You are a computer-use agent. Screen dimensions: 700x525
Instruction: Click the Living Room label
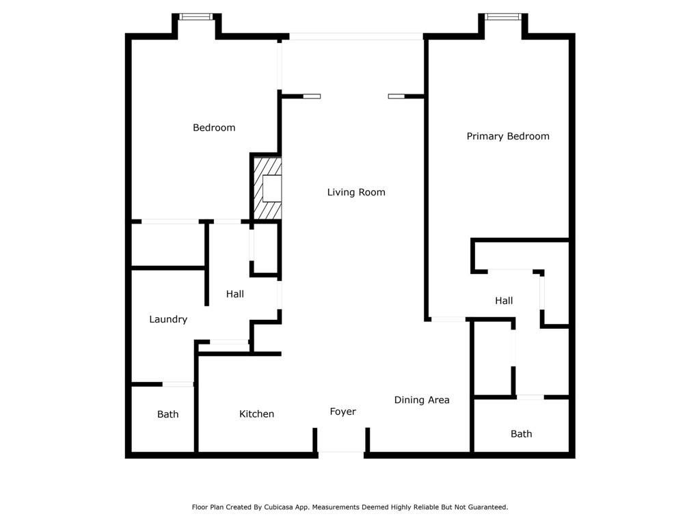[x=355, y=192]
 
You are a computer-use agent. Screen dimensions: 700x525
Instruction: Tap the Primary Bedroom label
[x=508, y=137]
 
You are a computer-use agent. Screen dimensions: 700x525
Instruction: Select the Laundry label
[x=168, y=320]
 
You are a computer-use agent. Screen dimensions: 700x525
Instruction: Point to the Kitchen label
[x=256, y=414]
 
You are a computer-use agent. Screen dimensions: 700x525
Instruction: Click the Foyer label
[x=342, y=412]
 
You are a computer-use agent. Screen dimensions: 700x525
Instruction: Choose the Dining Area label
[x=421, y=400]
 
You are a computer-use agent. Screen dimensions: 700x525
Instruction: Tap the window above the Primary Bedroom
[x=503, y=17]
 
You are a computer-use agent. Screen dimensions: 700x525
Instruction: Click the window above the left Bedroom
[x=196, y=17]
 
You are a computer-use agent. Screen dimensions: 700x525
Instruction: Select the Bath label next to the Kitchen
[x=167, y=414]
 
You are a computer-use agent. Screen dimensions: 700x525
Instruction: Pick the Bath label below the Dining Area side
[x=521, y=434]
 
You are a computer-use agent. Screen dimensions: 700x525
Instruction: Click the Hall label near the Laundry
[x=235, y=294]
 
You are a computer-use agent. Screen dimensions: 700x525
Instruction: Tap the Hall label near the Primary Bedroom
[x=504, y=301]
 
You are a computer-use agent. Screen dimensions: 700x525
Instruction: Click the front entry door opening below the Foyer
[x=341, y=455]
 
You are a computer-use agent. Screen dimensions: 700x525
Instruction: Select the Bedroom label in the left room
[x=214, y=128]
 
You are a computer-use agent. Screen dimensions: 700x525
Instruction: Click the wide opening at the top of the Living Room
[x=355, y=37]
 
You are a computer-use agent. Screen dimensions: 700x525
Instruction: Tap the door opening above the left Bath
[x=178, y=384]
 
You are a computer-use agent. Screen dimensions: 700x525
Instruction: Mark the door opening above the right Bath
[x=530, y=397]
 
